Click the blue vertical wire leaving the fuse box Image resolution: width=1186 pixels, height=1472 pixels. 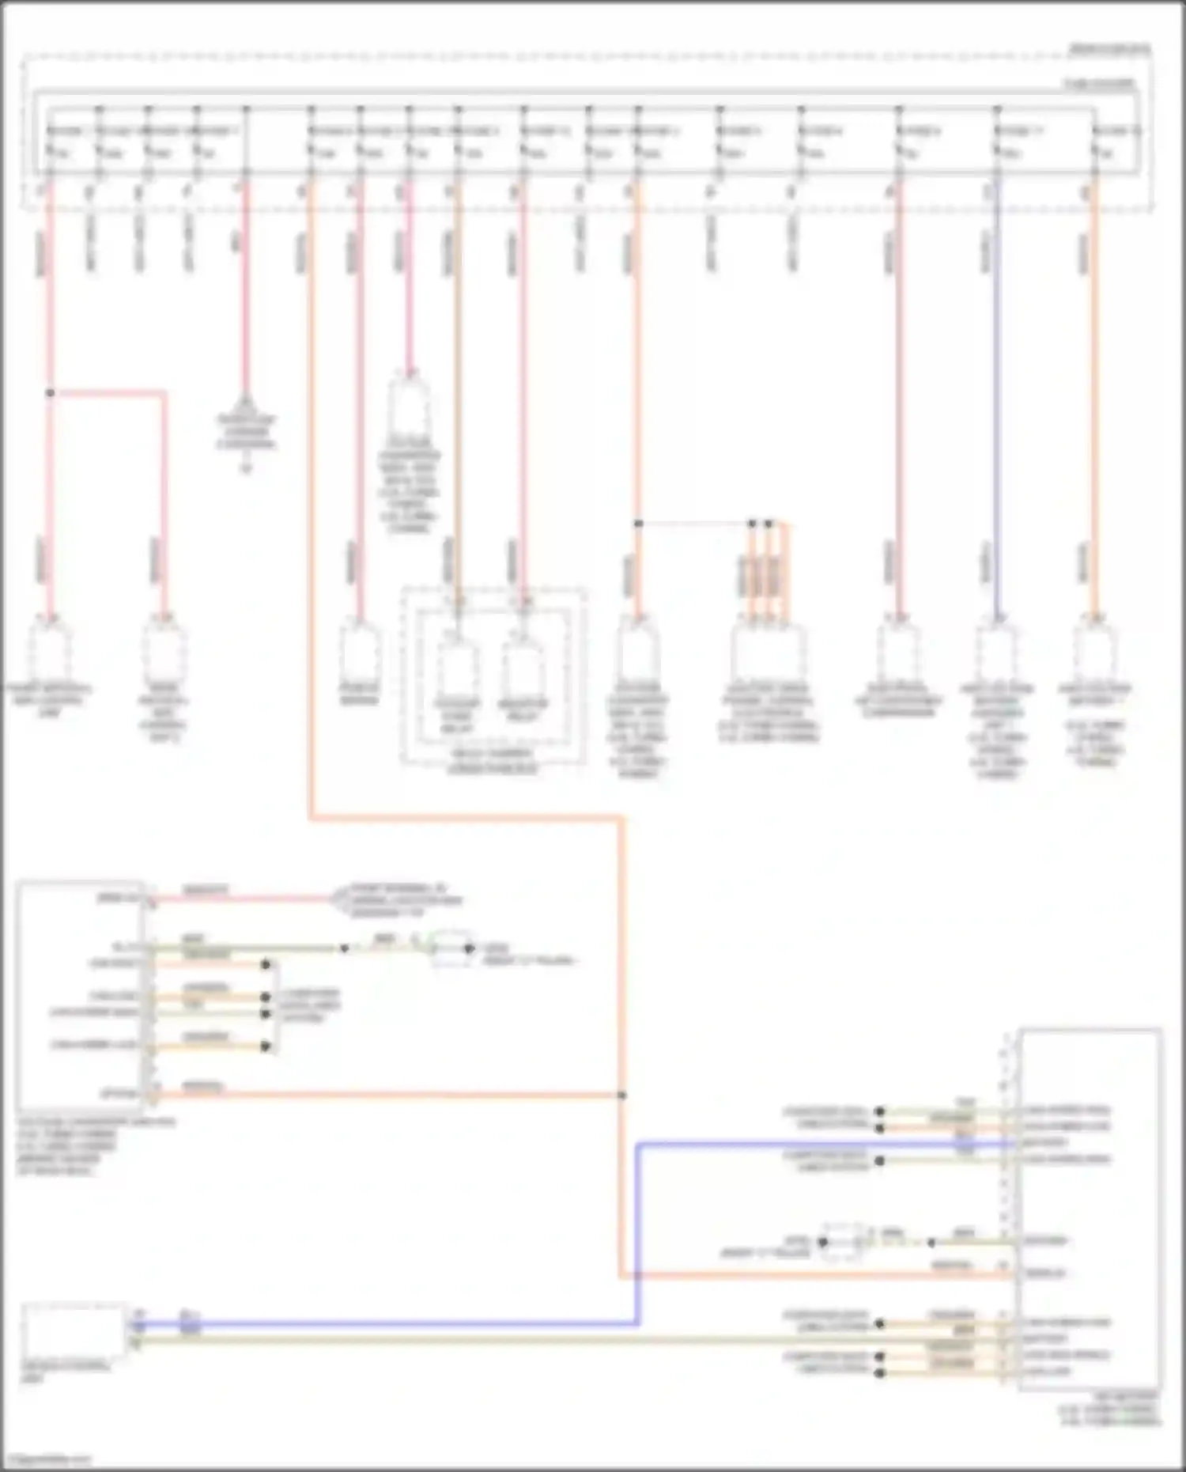tap(996, 395)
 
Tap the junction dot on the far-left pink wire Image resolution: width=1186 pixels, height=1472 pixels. tap(50, 393)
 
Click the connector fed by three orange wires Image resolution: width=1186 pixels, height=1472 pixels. tap(768, 653)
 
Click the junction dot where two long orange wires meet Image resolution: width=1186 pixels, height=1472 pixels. tap(622, 1095)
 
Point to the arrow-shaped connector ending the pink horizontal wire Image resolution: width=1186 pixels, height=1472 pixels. tap(340, 899)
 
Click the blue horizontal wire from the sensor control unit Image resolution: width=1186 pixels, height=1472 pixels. tap(395, 1323)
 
